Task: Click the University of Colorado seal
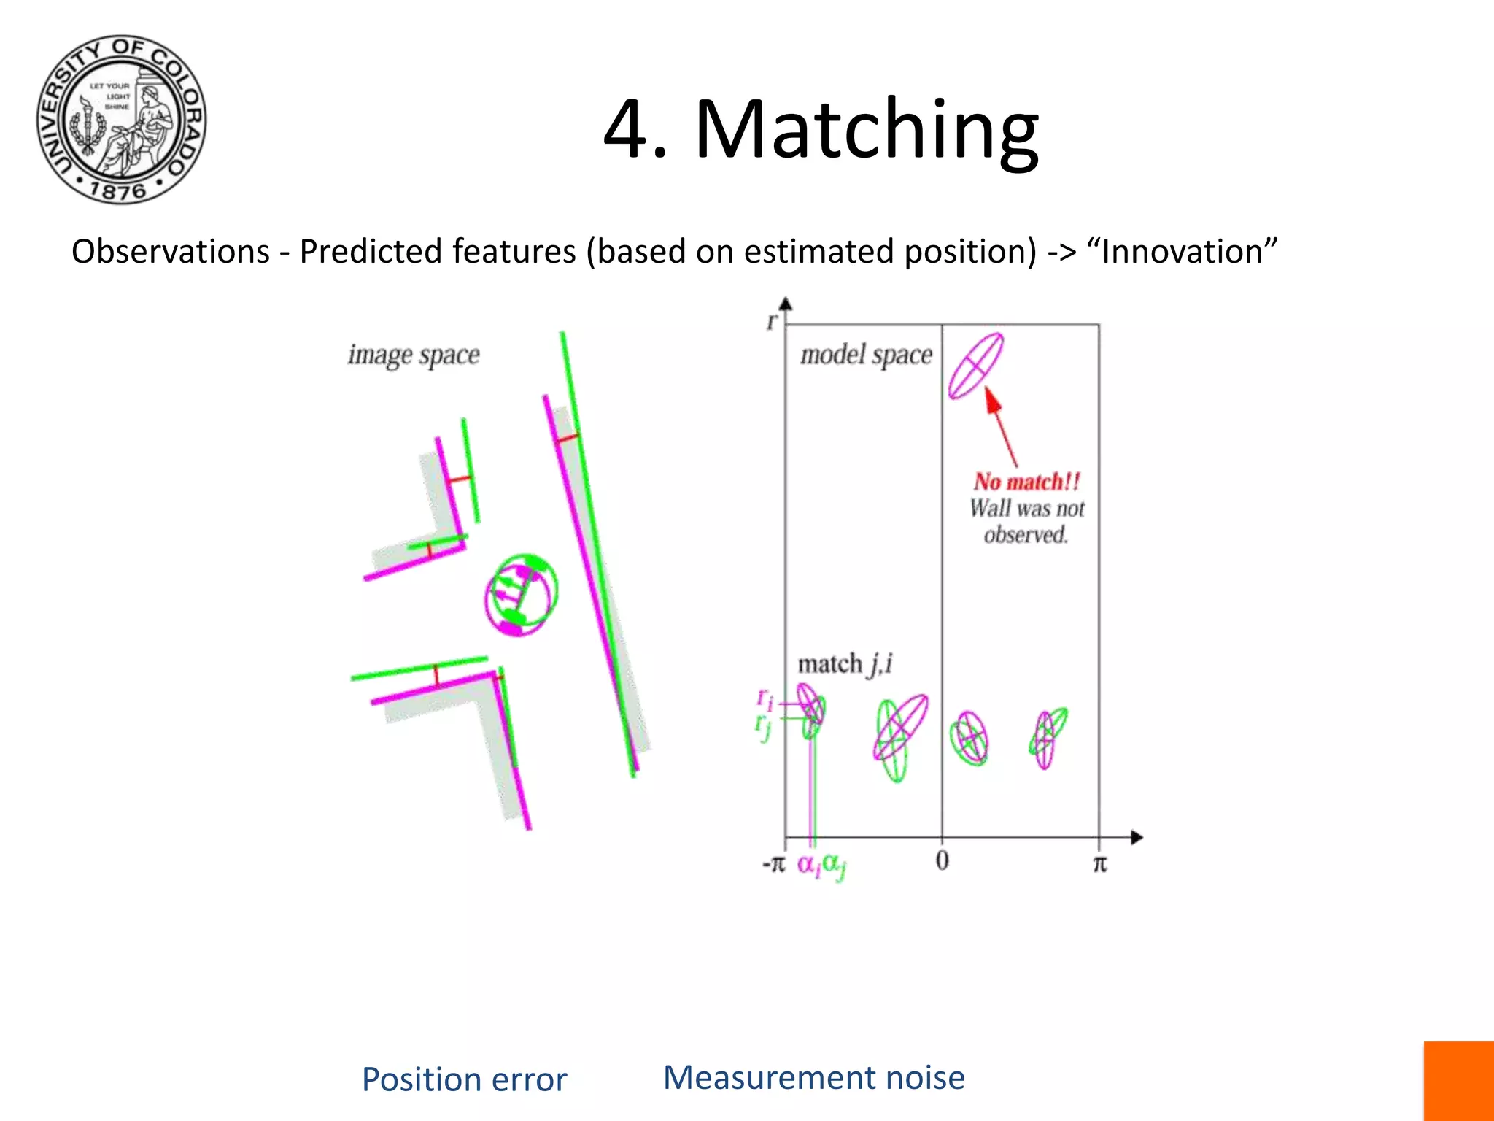point(122,119)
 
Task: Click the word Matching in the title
point(866,130)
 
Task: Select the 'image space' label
point(414,355)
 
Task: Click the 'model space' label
point(866,355)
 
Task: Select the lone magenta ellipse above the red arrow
point(975,366)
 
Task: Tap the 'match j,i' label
point(845,664)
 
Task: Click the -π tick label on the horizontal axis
point(773,864)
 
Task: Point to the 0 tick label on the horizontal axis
point(942,861)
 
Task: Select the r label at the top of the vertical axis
point(772,321)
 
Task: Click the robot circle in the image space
point(521,595)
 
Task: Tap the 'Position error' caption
point(464,1079)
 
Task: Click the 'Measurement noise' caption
point(813,1078)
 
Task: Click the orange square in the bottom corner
point(1458,1081)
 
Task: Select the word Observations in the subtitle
point(171,252)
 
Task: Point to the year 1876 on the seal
point(117,191)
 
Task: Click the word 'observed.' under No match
point(1026,536)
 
